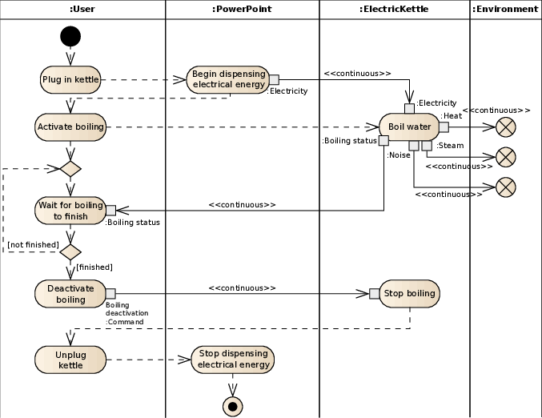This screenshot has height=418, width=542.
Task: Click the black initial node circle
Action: click(70, 36)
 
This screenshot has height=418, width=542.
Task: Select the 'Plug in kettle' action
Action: click(70, 79)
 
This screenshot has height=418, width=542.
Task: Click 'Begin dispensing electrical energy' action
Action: click(228, 78)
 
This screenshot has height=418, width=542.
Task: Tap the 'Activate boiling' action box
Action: click(70, 127)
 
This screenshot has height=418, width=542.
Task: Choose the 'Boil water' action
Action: click(408, 127)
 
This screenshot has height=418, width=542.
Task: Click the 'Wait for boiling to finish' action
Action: click(70, 210)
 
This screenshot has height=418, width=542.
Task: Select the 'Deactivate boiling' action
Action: click(70, 294)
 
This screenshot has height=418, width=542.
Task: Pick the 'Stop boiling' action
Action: click(409, 293)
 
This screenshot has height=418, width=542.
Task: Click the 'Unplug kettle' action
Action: click(70, 360)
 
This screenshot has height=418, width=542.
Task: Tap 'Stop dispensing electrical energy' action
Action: click(232, 360)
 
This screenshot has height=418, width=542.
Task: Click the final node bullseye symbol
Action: click(233, 406)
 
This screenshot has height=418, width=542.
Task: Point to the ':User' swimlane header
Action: click(82, 9)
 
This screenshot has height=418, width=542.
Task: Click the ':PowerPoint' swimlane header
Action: click(242, 9)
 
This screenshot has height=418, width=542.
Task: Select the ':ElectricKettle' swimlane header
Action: click(394, 9)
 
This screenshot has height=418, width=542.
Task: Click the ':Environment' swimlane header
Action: click(505, 9)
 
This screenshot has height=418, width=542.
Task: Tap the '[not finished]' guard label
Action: click(34, 243)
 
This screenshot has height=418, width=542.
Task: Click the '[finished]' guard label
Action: click(94, 266)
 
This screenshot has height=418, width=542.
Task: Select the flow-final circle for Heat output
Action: click(505, 127)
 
